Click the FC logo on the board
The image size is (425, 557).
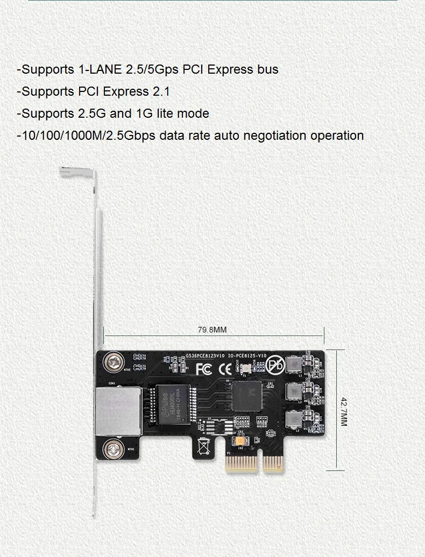(x=205, y=369)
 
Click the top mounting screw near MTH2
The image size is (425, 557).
(x=114, y=361)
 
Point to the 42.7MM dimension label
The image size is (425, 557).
(x=344, y=411)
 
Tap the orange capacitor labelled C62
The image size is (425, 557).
(x=239, y=441)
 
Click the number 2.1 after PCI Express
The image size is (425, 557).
(x=161, y=91)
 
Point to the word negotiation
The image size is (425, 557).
(x=275, y=135)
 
